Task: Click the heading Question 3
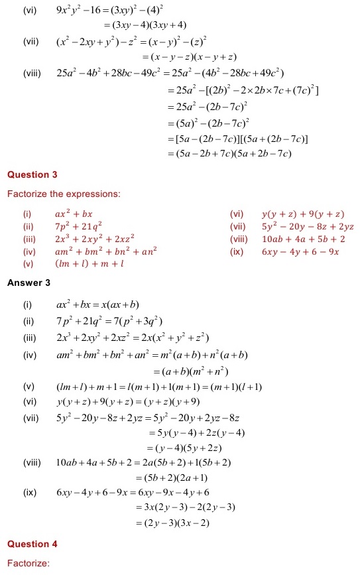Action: coord(32,175)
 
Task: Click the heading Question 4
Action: coord(32,544)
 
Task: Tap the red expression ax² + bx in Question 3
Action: coord(74,214)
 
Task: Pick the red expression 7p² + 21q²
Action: coord(78,227)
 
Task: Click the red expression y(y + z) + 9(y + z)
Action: coord(303,214)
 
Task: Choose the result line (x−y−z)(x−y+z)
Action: coord(189,58)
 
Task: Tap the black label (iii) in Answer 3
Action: coord(29,338)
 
